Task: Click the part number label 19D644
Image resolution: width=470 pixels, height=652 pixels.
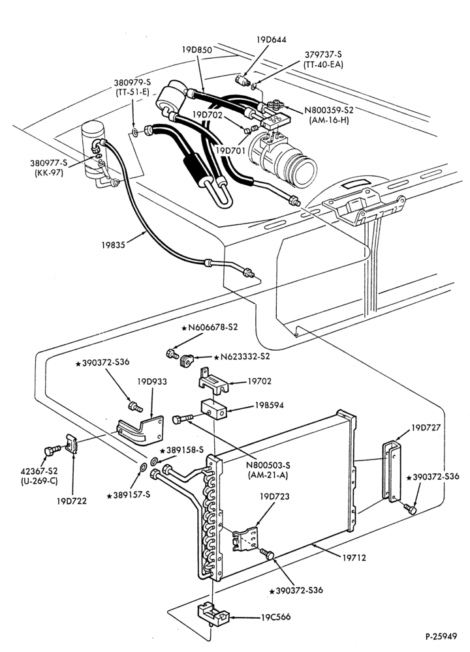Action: point(271,40)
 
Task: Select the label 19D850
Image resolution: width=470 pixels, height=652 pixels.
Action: point(196,50)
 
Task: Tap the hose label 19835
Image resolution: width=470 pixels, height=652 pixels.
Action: point(113,245)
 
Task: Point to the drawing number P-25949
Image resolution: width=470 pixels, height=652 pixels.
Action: point(441,636)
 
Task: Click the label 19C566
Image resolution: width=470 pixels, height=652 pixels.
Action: point(275,617)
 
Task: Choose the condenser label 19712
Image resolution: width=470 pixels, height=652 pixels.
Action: point(354,557)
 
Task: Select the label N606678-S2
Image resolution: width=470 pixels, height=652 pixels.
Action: point(210,327)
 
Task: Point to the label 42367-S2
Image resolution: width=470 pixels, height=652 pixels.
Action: point(39,471)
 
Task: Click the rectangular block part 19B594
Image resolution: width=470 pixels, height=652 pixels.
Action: point(213,409)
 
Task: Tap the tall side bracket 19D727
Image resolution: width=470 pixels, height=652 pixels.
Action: point(392,471)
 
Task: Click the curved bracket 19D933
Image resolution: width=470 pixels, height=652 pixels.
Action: point(140,430)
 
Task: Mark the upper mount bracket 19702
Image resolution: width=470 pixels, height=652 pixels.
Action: point(212,381)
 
